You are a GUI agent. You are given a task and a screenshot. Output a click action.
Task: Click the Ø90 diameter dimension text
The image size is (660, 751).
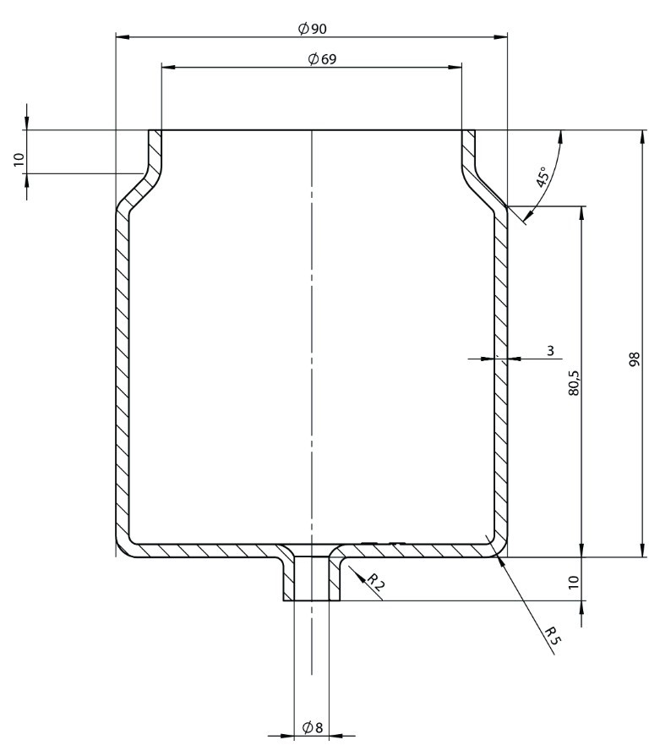click(x=312, y=29)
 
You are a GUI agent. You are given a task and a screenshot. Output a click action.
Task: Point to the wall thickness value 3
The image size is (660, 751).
click(x=550, y=349)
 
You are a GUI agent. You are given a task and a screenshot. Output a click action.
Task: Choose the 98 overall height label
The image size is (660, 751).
click(x=635, y=359)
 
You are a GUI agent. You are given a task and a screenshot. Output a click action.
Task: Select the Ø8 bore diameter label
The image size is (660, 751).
click(x=312, y=727)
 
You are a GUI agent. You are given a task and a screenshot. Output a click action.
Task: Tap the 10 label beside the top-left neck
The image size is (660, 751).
click(x=19, y=160)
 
